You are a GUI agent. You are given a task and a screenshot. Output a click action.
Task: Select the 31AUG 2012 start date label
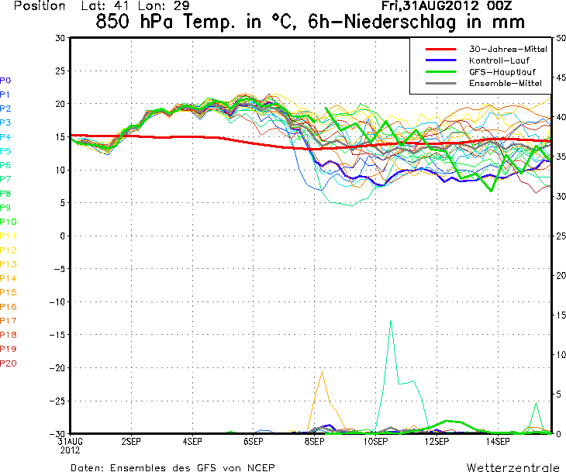click(x=70, y=444)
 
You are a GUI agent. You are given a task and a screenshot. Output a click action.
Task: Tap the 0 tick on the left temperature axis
click(x=62, y=236)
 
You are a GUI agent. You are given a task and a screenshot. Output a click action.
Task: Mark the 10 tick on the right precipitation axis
click(x=558, y=354)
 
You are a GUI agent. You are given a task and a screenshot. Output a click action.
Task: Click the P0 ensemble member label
click(x=6, y=80)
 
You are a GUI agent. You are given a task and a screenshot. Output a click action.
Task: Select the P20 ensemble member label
click(x=8, y=363)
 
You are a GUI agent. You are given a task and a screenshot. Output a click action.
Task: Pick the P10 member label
click(x=8, y=222)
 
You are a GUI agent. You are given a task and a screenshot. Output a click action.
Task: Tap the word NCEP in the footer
click(x=259, y=467)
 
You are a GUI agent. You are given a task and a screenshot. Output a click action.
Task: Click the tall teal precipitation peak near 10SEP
click(x=391, y=321)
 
